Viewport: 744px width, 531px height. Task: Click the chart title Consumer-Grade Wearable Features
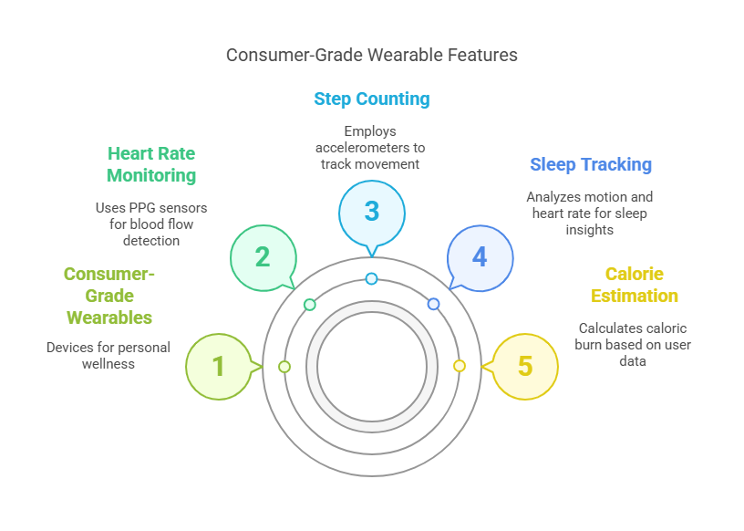tap(372, 55)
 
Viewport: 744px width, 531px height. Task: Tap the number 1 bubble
tap(219, 366)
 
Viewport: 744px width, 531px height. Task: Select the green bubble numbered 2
tap(263, 256)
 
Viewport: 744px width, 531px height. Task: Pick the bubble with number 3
tap(372, 211)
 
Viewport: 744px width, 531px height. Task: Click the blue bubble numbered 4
tap(480, 256)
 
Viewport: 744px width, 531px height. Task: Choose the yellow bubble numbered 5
tap(525, 366)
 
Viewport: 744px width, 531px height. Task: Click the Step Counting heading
tap(372, 99)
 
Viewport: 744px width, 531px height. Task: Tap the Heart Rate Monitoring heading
tap(151, 164)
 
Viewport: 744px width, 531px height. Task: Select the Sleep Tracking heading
tap(591, 164)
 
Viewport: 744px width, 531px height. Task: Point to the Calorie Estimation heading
tap(635, 285)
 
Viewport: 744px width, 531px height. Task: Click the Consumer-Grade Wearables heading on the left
tap(108, 296)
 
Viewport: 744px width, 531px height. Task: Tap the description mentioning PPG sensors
tap(151, 224)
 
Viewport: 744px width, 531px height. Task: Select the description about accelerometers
tap(372, 148)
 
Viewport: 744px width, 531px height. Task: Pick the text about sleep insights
tap(590, 213)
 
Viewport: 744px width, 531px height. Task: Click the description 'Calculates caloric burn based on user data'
tap(635, 344)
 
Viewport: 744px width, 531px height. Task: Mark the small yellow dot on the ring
tap(460, 366)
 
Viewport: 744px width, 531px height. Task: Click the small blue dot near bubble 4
tap(433, 304)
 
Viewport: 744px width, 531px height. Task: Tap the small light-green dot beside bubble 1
tap(284, 366)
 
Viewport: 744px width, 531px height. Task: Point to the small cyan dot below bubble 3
tap(371, 278)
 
